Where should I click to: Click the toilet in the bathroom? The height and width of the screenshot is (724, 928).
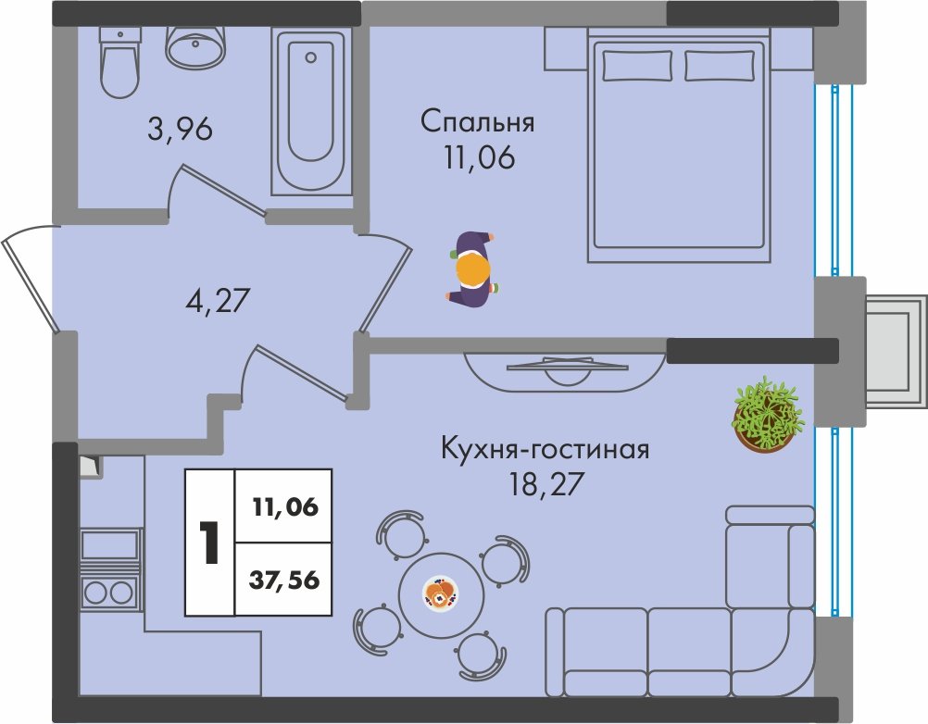click(x=120, y=62)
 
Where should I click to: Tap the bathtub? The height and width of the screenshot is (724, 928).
click(x=310, y=112)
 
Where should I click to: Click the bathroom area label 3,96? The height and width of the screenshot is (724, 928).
click(x=180, y=129)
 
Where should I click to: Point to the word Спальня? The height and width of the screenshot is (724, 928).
click(x=478, y=122)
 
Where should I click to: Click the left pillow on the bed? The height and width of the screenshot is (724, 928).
click(x=637, y=66)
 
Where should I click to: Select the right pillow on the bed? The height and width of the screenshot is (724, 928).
click(x=720, y=66)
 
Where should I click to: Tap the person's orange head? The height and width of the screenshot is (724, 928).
click(x=473, y=269)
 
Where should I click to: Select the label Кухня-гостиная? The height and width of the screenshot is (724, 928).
click(x=546, y=449)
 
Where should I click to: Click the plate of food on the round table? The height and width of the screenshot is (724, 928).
click(x=441, y=593)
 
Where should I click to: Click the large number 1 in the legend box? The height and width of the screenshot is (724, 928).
click(x=209, y=543)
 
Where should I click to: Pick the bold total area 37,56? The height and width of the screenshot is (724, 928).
click(x=284, y=580)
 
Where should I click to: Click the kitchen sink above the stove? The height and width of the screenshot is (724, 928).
click(x=109, y=544)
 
